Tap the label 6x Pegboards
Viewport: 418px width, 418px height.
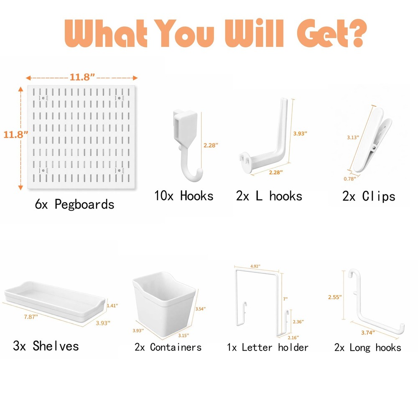tap(74, 204)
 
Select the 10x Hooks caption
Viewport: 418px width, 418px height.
tap(184, 196)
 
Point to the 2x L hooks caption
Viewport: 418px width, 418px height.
tap(269, 196)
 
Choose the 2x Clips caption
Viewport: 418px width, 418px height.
tap(369, 196)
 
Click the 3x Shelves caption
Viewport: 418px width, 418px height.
tap(46, 346)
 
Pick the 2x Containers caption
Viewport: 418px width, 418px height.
tap(168, 347)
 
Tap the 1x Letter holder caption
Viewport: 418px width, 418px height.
tap(268, 347)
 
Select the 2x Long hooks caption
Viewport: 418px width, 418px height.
tap(367, 347)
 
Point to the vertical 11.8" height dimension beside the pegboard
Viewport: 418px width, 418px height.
tap(15, 134)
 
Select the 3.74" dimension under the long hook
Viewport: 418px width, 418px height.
tap(367, 332)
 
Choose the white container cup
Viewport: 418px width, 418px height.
tap(164, 303)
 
